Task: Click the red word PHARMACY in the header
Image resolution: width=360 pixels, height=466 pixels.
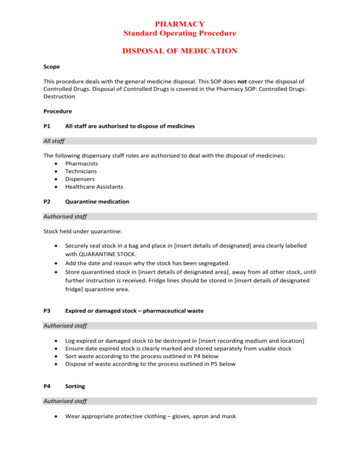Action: click(180, 23)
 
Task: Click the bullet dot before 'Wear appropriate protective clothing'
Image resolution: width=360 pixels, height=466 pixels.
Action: click(56, 413)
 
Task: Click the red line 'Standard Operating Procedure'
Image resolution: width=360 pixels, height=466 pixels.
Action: click(180, 33)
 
